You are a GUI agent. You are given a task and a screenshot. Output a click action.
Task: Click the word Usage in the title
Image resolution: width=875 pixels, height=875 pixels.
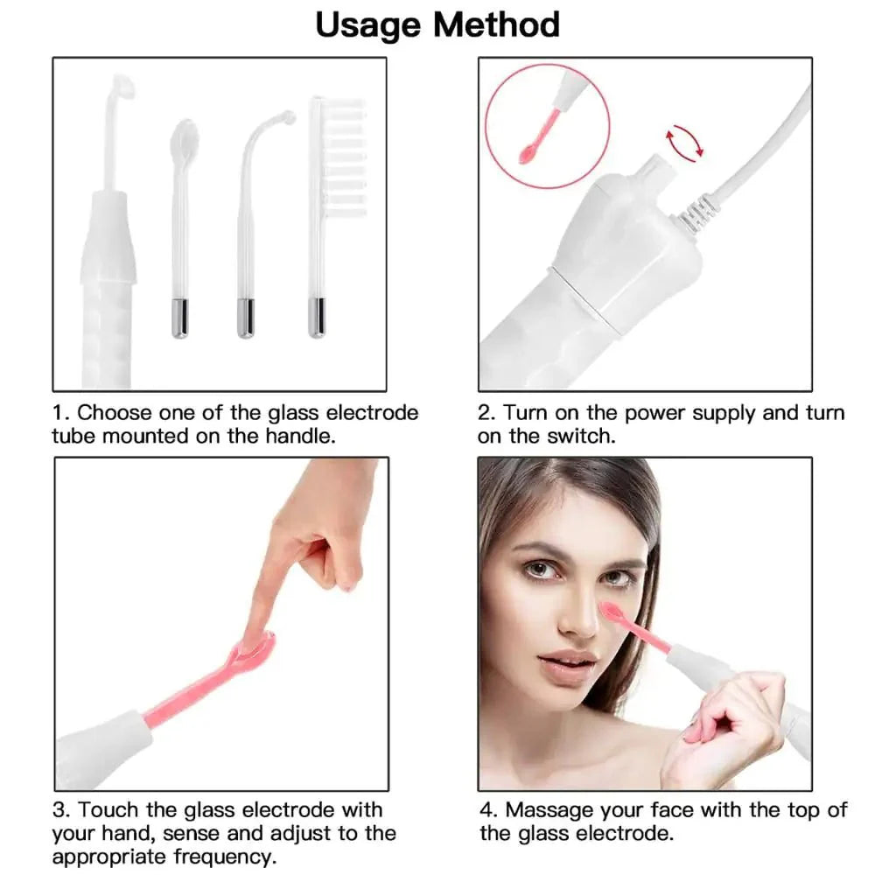[x=370, y=24]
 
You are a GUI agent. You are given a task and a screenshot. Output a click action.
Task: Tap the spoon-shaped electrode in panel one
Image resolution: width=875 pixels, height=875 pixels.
[x=181, y=140]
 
